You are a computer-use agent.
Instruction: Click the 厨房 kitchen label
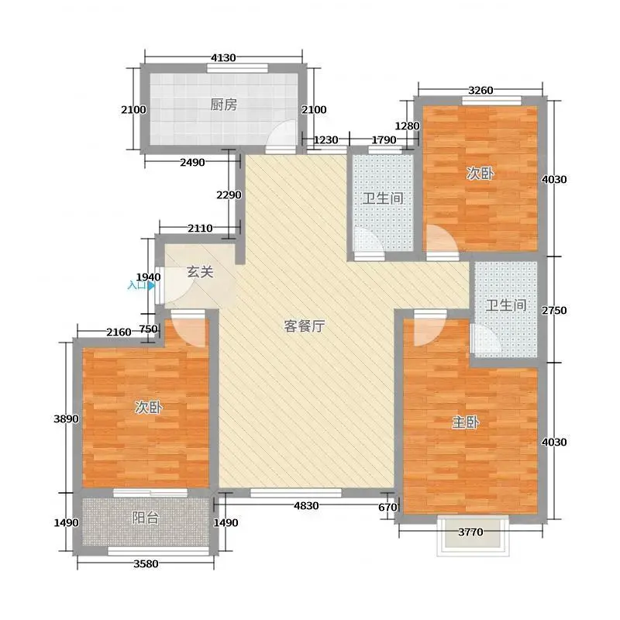223,105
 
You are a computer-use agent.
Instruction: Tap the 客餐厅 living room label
305,326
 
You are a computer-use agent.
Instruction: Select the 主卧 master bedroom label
466,422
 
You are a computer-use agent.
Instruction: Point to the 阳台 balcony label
146,518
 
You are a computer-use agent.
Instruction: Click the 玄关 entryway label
200,272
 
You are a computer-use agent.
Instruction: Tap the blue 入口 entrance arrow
151,285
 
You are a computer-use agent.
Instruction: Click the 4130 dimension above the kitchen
223,57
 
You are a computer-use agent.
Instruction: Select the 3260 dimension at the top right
480,90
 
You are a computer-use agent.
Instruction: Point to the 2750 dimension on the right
554,311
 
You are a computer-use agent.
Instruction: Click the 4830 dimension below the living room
306,505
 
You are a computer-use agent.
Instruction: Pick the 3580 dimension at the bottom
146,563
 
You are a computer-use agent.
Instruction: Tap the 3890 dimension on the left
66,418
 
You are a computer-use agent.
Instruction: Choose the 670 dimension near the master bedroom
387,507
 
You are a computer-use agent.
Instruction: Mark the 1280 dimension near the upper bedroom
408,126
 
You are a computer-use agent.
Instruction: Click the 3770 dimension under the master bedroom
470,532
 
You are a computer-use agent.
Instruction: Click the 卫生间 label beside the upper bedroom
383,198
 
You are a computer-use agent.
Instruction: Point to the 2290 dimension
229,195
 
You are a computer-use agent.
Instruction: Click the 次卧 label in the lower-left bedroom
148,407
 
